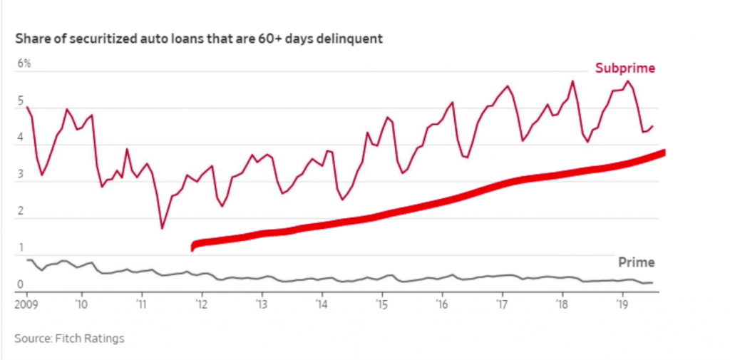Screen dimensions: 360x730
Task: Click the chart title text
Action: pyautogui.click(x=199, y=38)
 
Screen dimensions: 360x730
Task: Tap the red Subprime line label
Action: pyautogui.click(x=624, y=68)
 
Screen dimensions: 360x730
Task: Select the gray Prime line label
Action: pyautogui.click(x=637, y=262)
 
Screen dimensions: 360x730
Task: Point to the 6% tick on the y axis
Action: pyautogui.click(x=25, y=63)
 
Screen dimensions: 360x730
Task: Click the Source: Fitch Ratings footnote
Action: pyautogui.click(x=69, y=338)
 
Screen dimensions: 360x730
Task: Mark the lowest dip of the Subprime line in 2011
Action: pyautogui.click(x=162, y=228)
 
